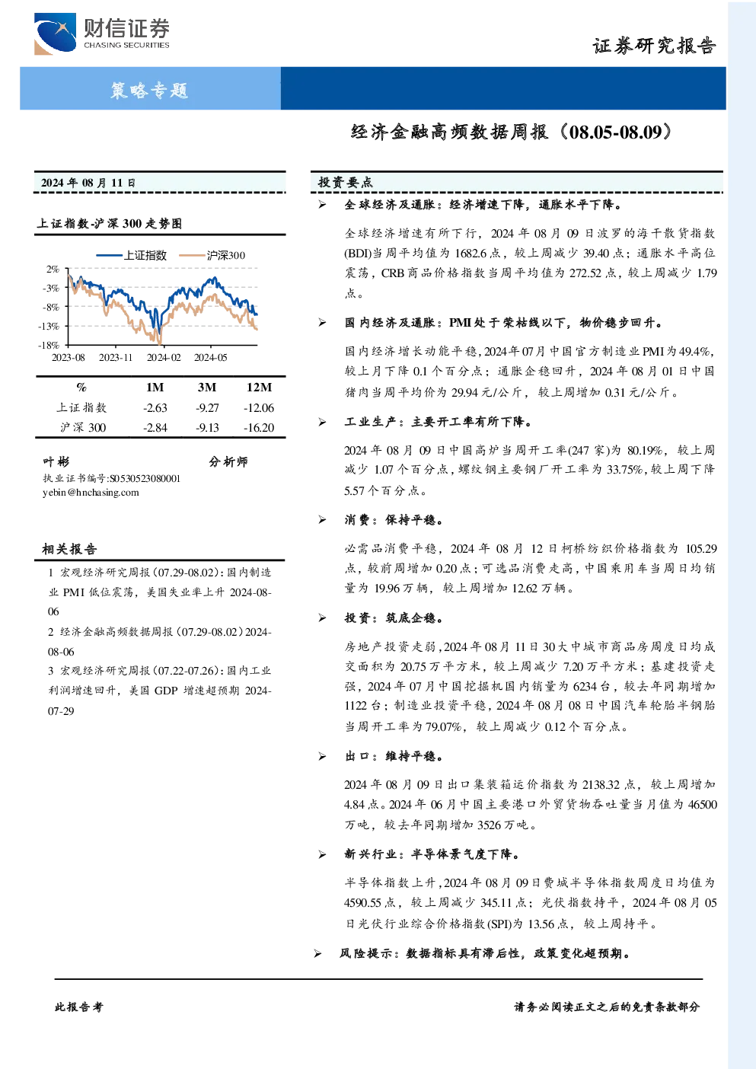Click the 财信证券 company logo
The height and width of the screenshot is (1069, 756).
(x=102, y=34)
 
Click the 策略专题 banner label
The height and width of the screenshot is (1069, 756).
(x=149, y=90)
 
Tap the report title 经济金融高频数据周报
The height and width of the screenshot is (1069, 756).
(x=450, y=132)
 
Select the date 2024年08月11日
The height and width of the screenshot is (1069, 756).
(x=88, y=183)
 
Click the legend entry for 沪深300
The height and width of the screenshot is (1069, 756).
(x=212, y=255)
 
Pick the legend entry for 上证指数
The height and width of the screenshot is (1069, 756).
(x=132, y=255)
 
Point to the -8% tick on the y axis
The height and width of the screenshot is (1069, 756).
(x=51, y=307)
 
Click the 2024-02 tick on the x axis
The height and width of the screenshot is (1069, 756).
(x=164, y=357)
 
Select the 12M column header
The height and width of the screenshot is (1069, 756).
(x=259, y=387)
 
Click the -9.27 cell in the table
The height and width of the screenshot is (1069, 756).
(x=207, y=407)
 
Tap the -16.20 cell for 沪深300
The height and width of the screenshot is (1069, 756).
(x=259, y=428)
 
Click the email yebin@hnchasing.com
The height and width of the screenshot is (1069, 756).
(x=91, y=493)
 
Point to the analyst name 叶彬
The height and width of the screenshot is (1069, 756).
(x=56, y=461)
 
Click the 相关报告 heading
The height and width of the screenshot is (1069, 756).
(x=69, y=549)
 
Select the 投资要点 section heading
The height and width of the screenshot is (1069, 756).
(x=346, y=182)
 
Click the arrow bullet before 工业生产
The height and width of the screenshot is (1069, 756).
(x=323, y=422)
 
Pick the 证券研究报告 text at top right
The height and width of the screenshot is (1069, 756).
(x=654, y=46)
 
